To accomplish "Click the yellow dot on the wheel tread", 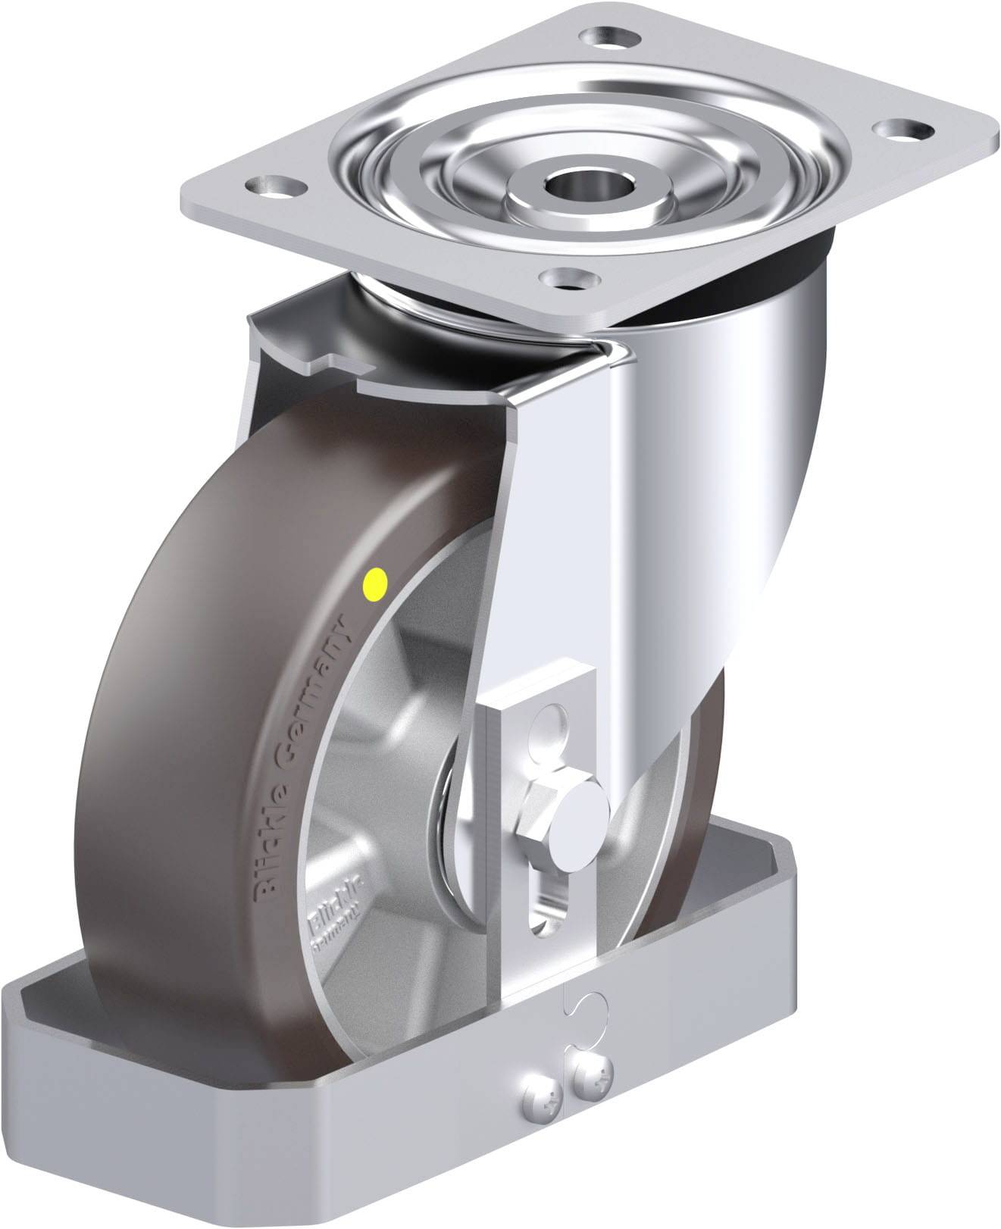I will [375, 583].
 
